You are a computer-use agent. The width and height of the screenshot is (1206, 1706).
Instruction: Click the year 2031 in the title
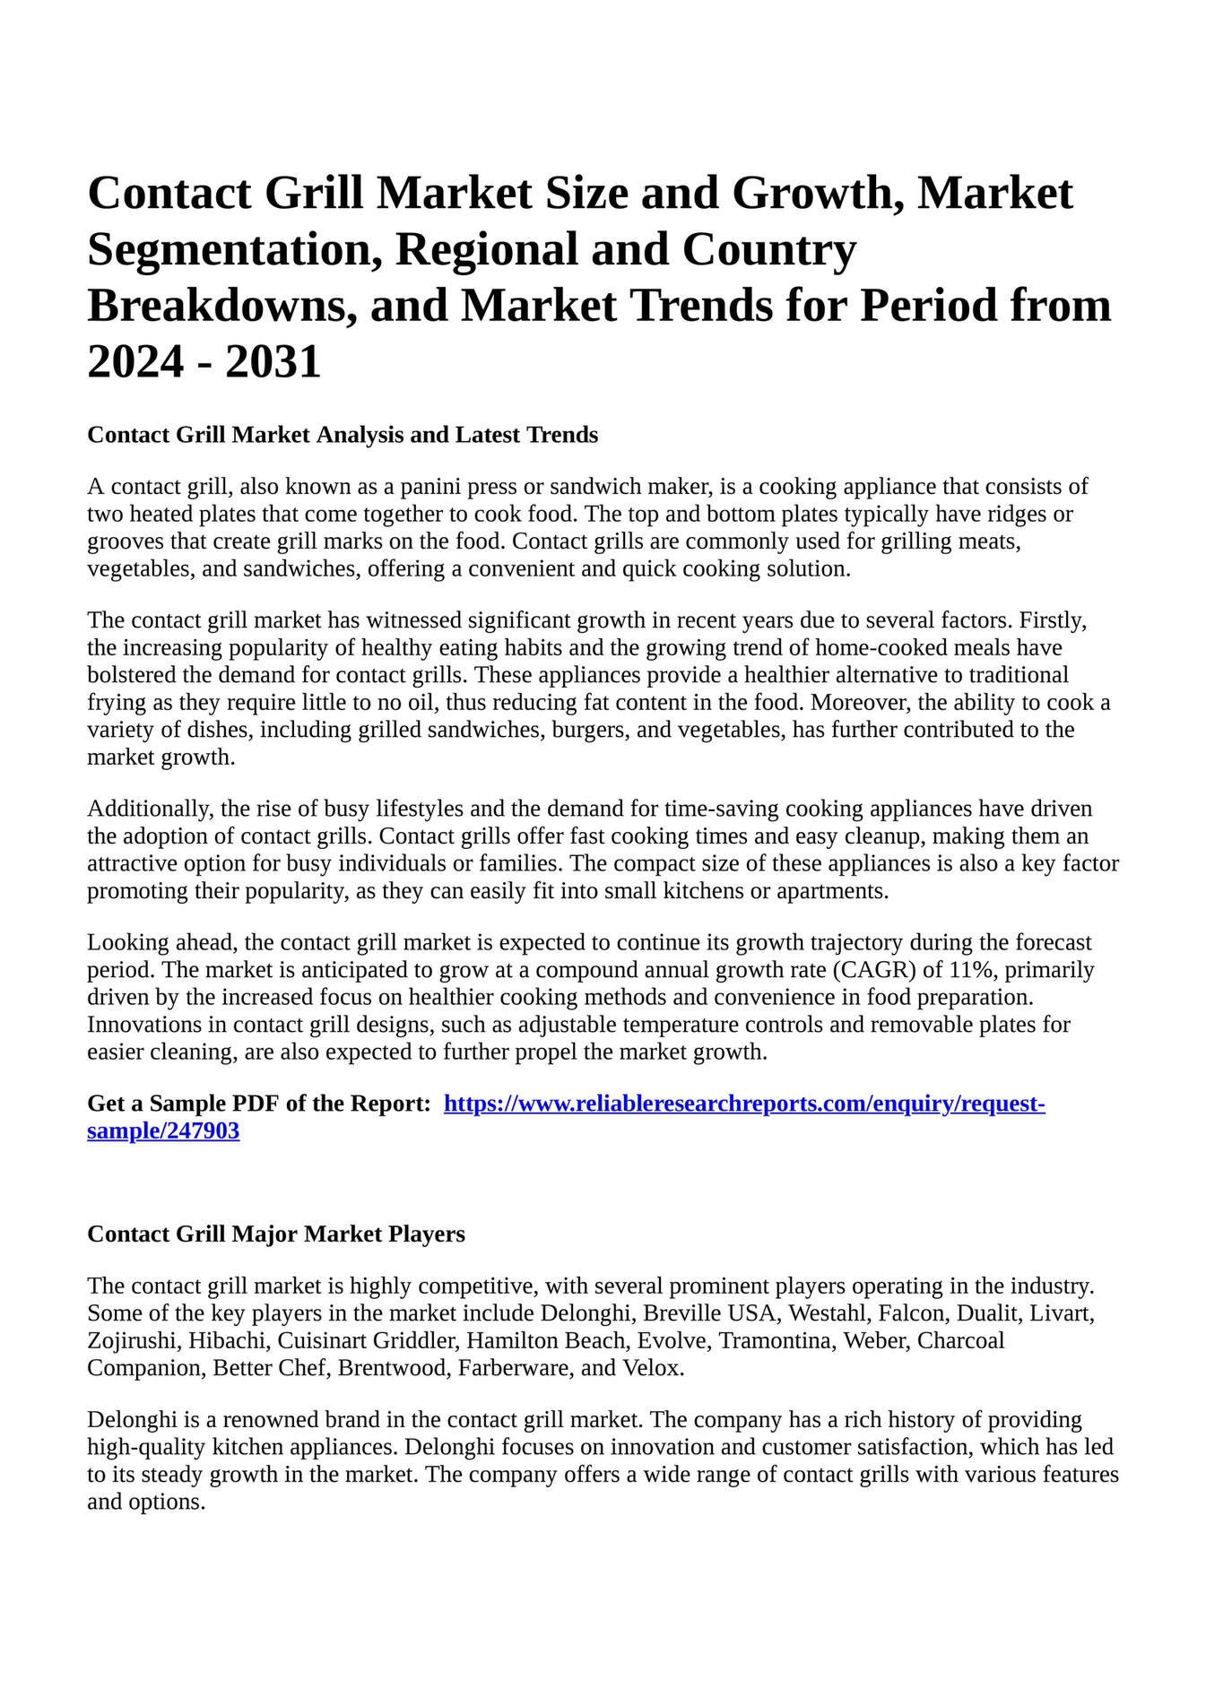273,362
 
